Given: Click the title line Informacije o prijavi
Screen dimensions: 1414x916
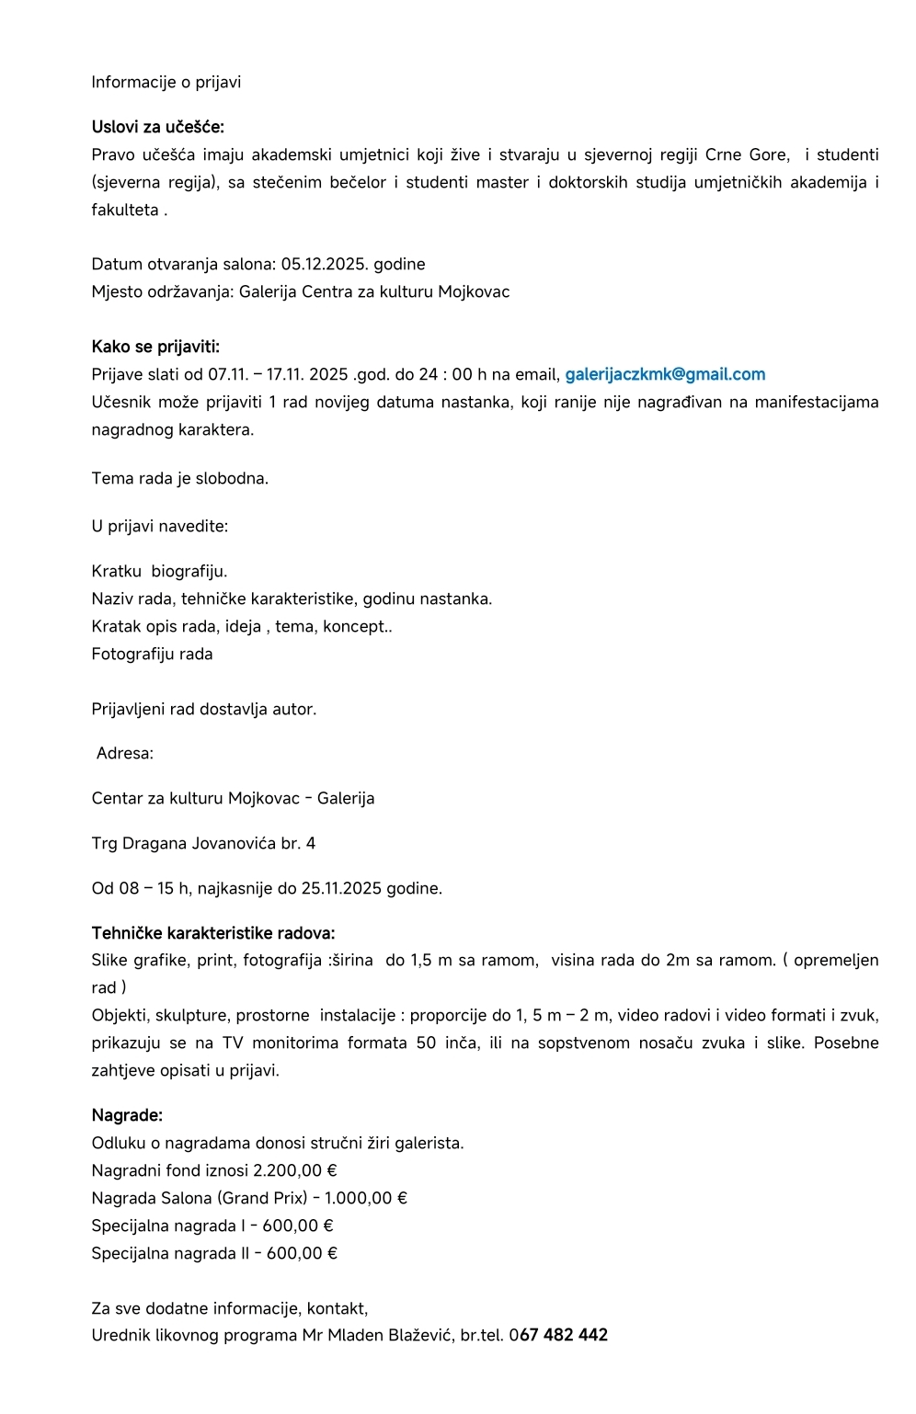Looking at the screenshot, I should [166, 83].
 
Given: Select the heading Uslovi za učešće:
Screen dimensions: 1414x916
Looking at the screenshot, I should [157, 128].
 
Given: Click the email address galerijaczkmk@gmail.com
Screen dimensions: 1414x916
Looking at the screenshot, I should [665, 375].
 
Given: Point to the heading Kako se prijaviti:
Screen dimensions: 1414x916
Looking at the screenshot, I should [155, 348].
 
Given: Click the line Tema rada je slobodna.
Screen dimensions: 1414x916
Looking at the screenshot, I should [179, 479].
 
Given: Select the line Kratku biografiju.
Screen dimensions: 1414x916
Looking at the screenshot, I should [159, 572].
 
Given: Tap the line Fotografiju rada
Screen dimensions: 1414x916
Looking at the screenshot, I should [152, 655].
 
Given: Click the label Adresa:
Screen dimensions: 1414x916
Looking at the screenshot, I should [125, 754].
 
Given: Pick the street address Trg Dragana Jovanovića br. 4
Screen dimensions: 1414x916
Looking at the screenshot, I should [203, 844].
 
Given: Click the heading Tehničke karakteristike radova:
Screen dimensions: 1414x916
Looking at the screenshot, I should [212, 934].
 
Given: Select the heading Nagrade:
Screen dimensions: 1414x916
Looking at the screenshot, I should [127, 1116].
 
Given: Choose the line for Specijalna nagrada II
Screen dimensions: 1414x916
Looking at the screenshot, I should [213, 1254].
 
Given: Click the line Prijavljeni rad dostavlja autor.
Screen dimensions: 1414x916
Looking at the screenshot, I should [203, 710].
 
